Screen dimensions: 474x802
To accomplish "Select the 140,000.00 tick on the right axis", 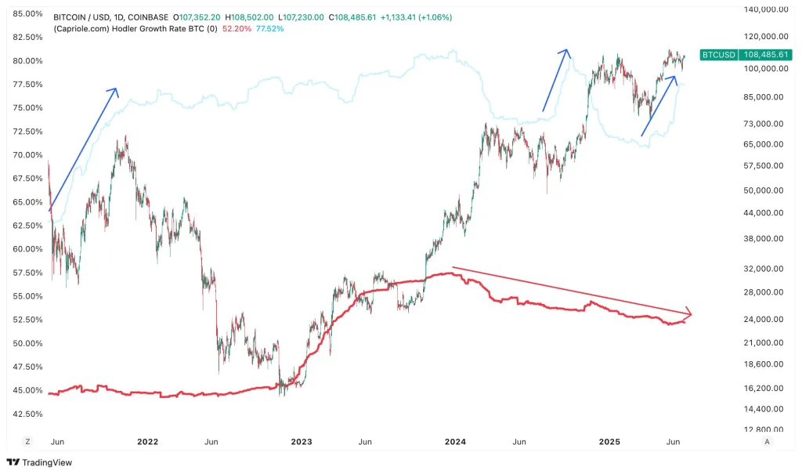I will coord(765,9).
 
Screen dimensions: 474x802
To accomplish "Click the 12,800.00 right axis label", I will coord(765,429).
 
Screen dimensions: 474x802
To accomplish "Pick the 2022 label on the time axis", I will coord(147,442).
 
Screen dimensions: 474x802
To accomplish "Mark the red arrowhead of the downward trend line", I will coord(687,314).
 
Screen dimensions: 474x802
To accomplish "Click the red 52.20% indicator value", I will coord(237,28).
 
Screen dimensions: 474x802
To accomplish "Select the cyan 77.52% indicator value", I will coord(269,28).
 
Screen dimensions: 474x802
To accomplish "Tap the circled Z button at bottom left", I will coord(27,442).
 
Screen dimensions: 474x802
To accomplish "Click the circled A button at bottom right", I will coord(767,442).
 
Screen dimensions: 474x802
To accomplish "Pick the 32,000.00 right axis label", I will coord(765,268).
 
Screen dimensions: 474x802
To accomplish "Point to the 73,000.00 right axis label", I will coord(765,124).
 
